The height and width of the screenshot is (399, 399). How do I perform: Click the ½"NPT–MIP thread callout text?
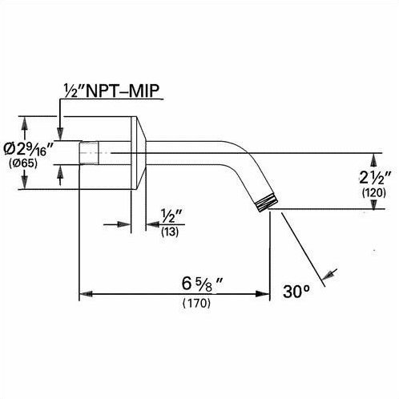(111, 91)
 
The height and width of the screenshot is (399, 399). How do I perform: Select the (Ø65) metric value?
(23, 163)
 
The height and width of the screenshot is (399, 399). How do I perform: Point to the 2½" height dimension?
(375, 178)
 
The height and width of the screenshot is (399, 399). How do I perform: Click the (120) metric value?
(374, 192)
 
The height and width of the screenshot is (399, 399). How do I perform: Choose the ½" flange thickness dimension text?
(171, 216)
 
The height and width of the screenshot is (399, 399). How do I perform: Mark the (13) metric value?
(170, 232)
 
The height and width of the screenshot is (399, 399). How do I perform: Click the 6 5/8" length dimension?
(202, 284)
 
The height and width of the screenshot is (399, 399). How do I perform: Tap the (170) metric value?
(196, 303)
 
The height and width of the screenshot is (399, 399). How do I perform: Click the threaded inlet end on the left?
(89, 153)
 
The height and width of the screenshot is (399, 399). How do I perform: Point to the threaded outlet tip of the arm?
(267, 203)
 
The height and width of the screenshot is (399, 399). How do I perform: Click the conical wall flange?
(139, 153)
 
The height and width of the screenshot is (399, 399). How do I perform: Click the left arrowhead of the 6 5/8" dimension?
(86, 294)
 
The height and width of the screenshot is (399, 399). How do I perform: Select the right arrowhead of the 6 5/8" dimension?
(262, 294)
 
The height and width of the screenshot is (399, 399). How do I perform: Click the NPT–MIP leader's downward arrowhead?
(60, 134)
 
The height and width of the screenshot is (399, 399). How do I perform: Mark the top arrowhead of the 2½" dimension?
(374, 159)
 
